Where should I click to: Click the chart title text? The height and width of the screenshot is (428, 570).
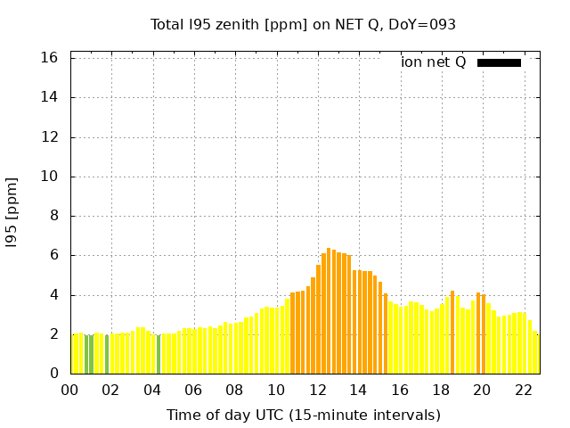[303, 24]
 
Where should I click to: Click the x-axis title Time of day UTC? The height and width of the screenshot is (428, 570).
[303, 415]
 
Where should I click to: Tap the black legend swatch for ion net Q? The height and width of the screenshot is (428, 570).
[499, 62]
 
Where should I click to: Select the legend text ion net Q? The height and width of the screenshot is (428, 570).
[433, 62]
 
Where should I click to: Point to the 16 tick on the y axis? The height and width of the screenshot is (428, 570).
[50, 58]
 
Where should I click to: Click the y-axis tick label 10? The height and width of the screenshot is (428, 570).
[50, 177]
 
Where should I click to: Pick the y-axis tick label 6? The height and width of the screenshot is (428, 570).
[54, 255]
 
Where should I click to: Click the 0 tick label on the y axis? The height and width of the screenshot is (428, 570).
[54, 374]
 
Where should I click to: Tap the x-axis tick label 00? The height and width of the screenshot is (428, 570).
[70, 390]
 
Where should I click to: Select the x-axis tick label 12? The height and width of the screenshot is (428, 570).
[318, 390]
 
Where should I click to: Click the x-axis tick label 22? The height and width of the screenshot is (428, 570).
[524, 390]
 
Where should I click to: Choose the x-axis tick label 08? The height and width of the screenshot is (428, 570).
[235, 390]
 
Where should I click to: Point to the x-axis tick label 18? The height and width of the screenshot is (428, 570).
[442, 390]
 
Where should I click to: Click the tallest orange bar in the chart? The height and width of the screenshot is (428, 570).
[329, 312]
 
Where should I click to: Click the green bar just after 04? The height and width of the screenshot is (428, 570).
[159, 355]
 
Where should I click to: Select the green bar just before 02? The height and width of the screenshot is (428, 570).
[107, 354]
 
